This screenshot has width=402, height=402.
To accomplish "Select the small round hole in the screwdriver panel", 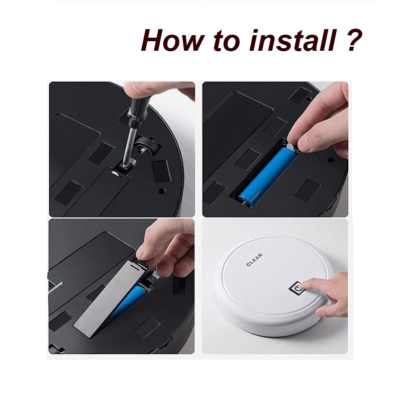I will [x=162, y=191].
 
